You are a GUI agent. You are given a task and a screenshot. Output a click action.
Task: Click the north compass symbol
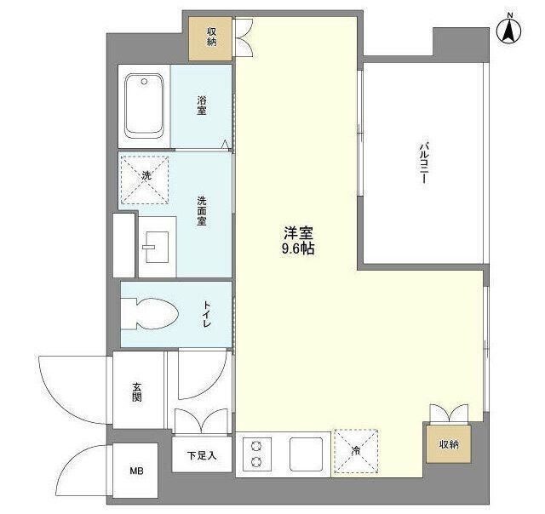pos(509,32)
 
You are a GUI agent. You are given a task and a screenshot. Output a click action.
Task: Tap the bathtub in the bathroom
pos(144,106)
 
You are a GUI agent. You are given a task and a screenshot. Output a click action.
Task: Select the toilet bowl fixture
pos(150,314)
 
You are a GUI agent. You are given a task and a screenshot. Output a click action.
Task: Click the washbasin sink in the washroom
pos(158,247)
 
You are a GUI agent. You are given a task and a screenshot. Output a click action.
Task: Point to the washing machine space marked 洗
pos(145,180)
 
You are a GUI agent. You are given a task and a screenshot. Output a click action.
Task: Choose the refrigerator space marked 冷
pos(356,451)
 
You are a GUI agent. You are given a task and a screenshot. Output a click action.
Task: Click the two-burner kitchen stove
pos(257,454)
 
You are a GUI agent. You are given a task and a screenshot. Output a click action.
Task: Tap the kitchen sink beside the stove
pos(307,454)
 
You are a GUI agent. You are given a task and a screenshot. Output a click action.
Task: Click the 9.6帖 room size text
pos(298,248)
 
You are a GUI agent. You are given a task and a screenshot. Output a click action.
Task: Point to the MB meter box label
pos(136,471)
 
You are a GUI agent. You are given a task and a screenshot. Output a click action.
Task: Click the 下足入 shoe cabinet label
pos(202,455)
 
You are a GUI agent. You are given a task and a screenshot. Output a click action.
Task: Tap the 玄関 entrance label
pos(137,391)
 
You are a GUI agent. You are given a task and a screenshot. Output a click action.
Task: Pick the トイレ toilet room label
pos(207,314)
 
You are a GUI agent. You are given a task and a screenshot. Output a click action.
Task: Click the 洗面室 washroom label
pos(202,211)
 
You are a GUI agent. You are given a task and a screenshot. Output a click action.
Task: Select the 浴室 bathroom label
pos(202,106)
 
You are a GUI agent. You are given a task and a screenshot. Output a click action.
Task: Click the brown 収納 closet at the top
pos(210,39)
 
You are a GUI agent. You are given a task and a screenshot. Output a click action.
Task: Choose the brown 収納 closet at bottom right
pos(449,444)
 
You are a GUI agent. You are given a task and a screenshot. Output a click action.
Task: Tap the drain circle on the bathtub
pos(144,82)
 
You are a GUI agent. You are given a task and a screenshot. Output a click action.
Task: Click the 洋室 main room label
pos(298,233)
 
